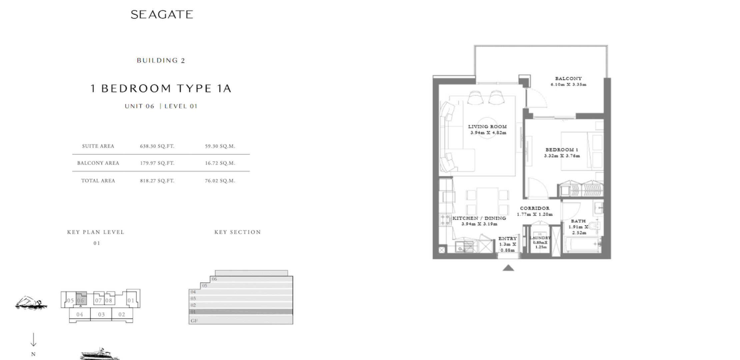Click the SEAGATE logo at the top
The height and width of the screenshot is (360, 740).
(x=162, y=14)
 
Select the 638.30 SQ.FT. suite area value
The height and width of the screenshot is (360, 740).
(x=157, y=146)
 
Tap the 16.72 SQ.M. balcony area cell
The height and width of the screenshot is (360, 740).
(x=220, y=163)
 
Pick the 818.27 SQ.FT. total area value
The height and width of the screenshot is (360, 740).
(x=157, y=181)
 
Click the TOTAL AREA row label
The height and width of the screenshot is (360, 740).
(x=98, y=181)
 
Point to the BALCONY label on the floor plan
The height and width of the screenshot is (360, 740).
(x=568, y=79)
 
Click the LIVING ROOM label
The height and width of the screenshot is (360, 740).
(x=487, y=127)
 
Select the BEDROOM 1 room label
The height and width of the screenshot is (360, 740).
(x=562, y=150)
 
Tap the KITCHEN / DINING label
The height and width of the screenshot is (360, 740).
(x=479, y=218)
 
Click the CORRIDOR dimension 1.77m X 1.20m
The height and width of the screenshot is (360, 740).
(x=535, y=214)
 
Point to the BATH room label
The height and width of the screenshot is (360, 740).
(x=578, y=221)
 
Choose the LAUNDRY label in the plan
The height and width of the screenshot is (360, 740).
(x=540, y=238)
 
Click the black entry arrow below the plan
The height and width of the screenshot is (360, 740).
(x=508, y=268)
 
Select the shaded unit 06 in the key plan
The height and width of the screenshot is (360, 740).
(x=81, y=298)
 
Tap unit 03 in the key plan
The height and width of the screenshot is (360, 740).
(x=101, y=314)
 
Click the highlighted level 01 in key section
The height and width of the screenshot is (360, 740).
(x=241, y=312)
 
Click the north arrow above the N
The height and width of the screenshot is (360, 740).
(x=33, y=340)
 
